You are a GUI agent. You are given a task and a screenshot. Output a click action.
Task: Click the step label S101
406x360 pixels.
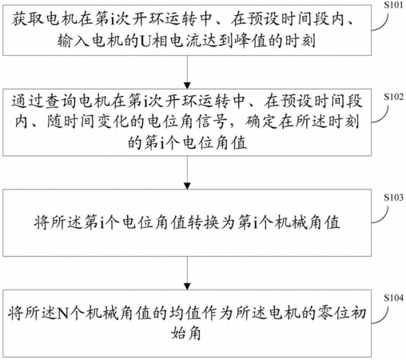pos(393,5)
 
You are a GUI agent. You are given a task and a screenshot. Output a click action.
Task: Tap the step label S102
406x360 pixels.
pos(393,97)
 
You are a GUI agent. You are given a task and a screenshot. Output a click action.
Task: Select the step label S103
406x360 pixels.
pos(393,198)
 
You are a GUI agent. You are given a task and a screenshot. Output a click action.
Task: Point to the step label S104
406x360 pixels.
pos(393,298)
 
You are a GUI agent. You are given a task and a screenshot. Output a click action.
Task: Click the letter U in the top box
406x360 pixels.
pos(145,41)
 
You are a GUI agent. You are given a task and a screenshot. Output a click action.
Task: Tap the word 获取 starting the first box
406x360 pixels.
pos(27,19)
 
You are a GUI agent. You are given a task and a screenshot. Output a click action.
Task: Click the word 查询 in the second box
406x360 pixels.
pos(61,101)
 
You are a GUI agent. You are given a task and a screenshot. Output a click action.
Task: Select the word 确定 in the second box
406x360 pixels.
pos(261,122)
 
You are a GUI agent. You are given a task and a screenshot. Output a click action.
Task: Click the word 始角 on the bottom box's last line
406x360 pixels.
pos(186,334)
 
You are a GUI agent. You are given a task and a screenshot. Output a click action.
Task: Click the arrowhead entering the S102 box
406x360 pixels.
pos(187,86)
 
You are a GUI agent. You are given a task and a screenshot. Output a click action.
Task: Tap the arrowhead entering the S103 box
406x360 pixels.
pos(187,186)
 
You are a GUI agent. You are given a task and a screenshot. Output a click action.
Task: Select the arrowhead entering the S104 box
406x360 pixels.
pos(187,286)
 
